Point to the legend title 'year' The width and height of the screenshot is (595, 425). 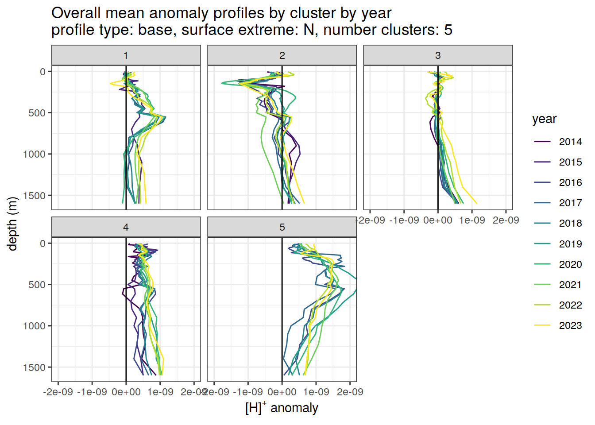click(544, 119)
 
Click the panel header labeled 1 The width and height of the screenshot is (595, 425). click(126, 55)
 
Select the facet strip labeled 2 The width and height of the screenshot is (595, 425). click(282, 55)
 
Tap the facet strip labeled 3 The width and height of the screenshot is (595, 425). click(438, 55)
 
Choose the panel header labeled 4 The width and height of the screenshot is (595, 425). click(126, 227)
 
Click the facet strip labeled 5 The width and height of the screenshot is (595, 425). click(282, 227)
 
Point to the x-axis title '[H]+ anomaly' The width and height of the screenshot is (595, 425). click(282, 407)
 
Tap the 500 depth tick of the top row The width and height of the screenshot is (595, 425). click(37, 113)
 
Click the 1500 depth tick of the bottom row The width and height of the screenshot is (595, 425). click(35, 367)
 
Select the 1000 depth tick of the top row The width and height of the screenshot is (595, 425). click(35, 154)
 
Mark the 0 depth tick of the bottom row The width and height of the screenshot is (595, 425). click(42, 243)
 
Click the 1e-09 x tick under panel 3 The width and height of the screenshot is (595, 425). click(472, 220)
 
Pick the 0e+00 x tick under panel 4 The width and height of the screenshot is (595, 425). click(126, 392)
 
